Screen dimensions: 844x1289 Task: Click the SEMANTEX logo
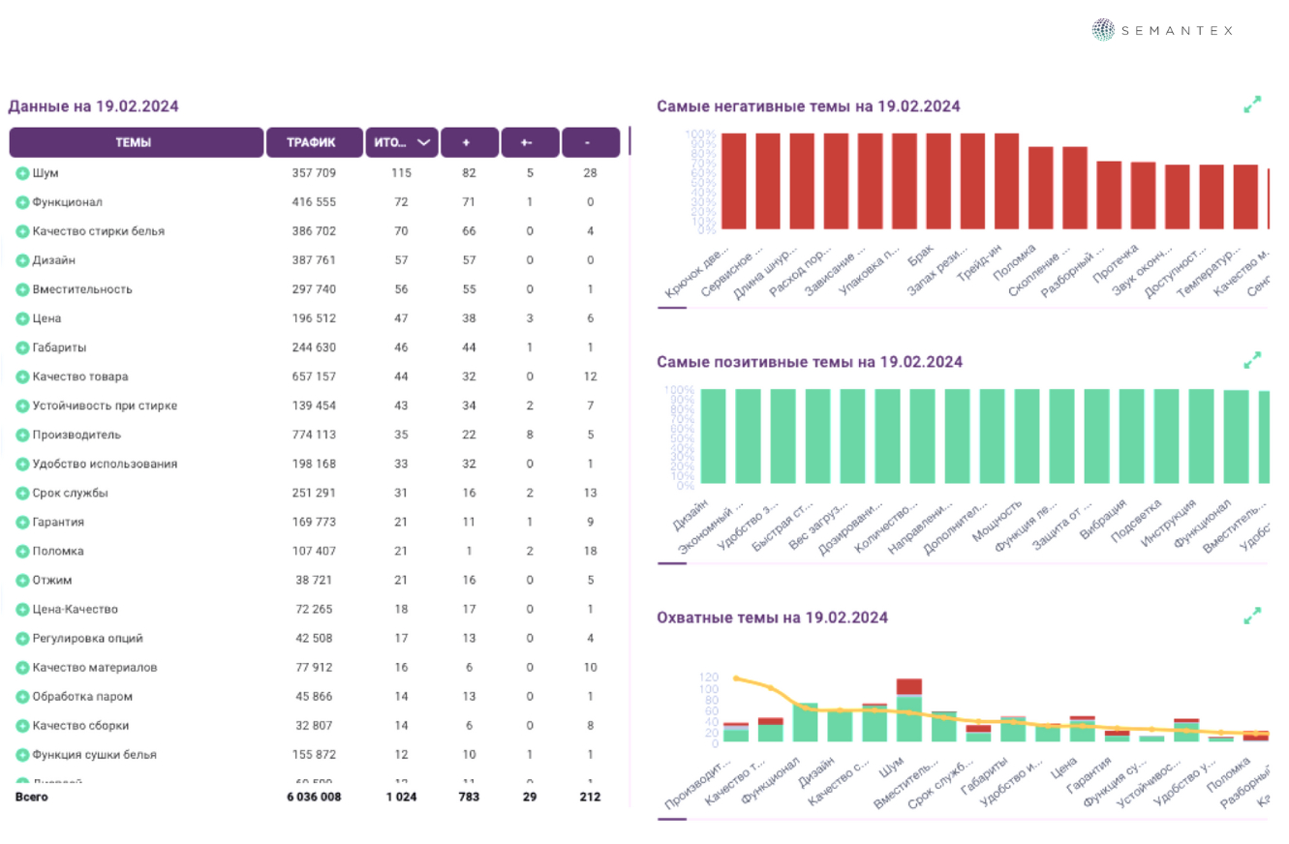tap(1162, 30)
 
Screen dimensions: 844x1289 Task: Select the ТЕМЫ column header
tap(136, 142)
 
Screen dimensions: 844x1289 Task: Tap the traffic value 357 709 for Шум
tap(314, 173)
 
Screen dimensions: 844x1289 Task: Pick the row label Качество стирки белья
tap(98, 231)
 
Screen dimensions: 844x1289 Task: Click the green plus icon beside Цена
tap(22, 318)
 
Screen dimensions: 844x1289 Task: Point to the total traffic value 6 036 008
tap(314, 797)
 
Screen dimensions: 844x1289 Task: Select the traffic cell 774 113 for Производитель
tap(314, 435)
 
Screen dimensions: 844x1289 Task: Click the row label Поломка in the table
tap(57, 551)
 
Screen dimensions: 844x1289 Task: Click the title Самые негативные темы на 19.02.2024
tap(808, 106)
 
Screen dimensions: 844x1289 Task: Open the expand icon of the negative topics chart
tap(1252, 105)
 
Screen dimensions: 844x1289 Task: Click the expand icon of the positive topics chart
tap(1252, 360)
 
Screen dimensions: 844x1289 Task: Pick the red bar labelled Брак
tap(938, 181)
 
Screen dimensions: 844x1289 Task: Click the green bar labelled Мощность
tap(1027, 436)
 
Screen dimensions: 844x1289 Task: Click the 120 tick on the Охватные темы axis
tap(709, 678)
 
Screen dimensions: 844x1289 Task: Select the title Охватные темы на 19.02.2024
tap(772, 618)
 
